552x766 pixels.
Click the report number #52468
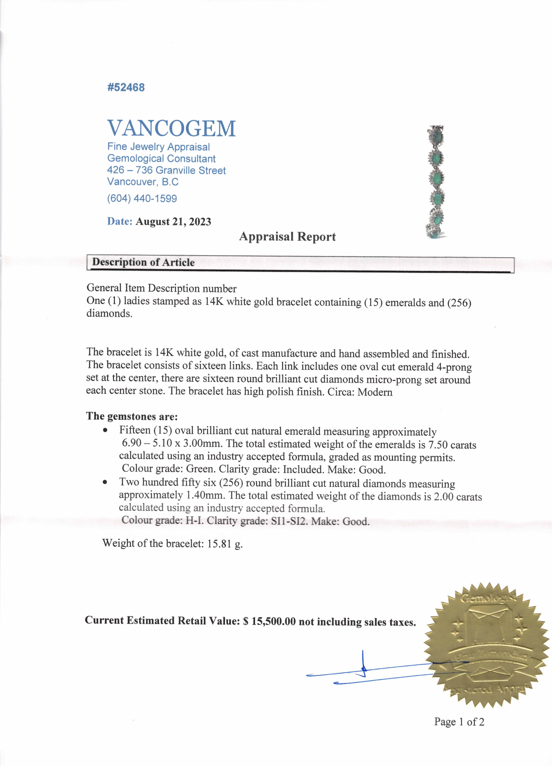pos(126,87)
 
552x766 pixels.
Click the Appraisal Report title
pos(287,236)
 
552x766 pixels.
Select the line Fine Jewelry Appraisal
pos(158,147)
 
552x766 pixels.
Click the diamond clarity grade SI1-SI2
pos(289,521)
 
